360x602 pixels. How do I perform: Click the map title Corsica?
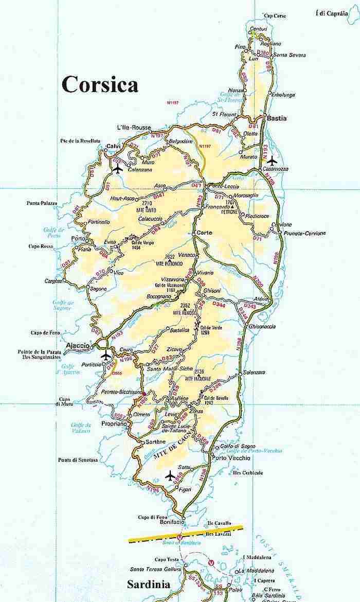pos(100,84)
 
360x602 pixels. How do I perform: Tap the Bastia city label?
pos(277,118)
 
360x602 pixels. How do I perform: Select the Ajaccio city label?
pos(78,345)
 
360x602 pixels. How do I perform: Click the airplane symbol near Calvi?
pos(117,168)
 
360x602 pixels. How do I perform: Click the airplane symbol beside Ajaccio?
pos(106,356)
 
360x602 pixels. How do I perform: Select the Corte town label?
pos(204,233)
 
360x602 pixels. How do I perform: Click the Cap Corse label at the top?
pos(275,16)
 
